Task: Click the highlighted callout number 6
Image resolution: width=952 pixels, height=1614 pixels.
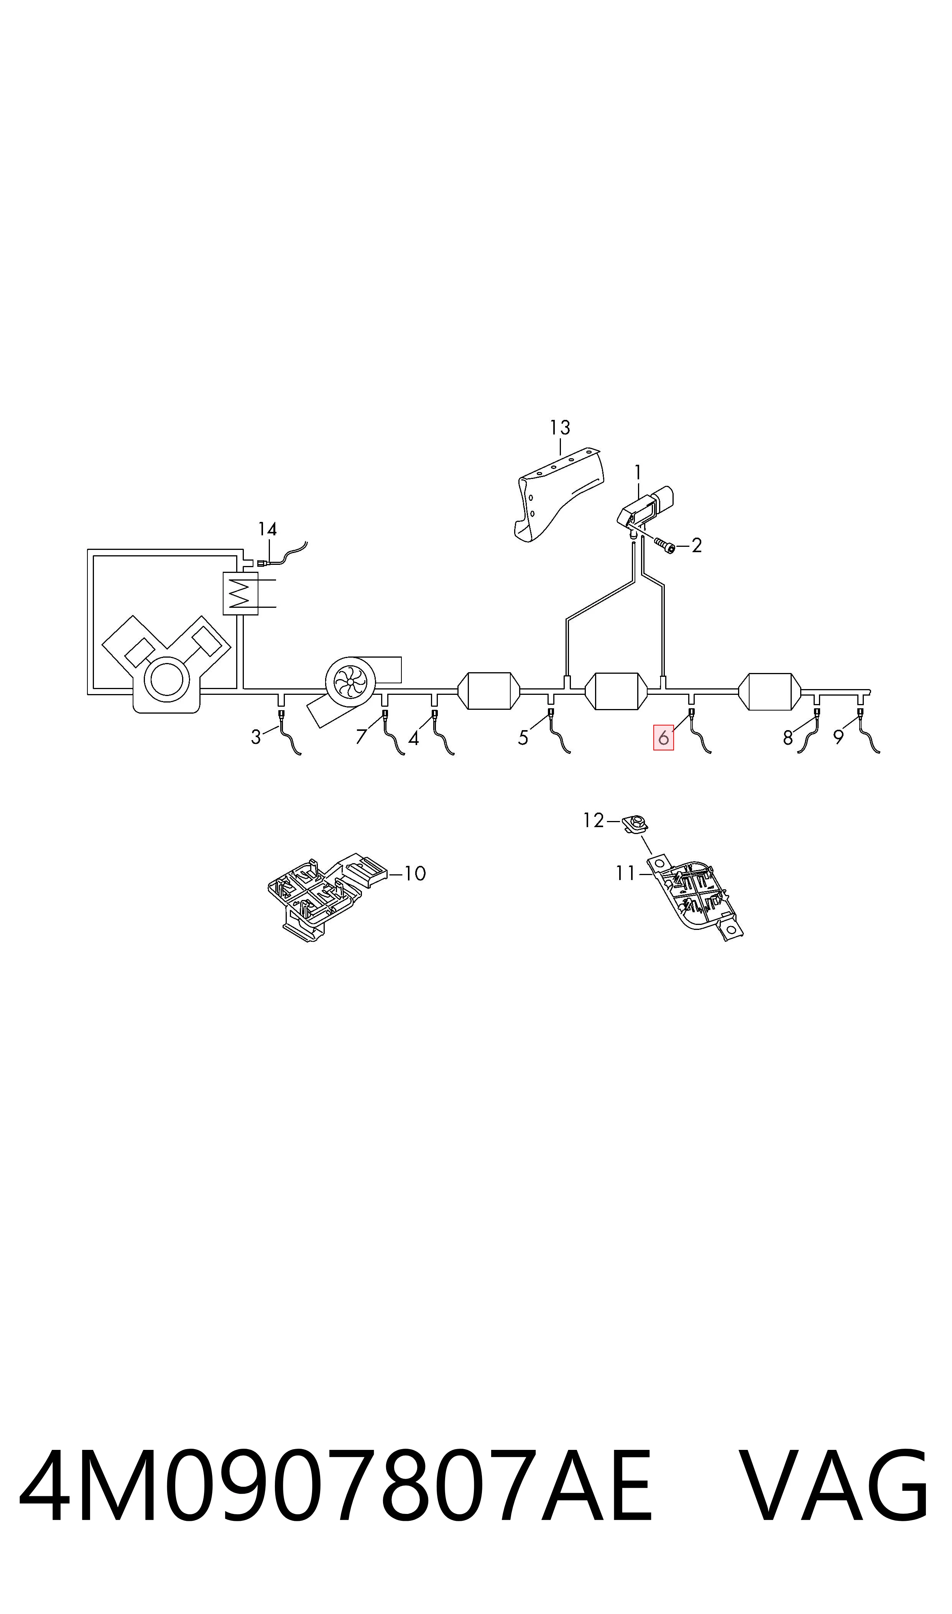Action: click(x=663, y=738)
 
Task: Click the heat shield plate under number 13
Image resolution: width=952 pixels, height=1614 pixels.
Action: click(x=558, y=494)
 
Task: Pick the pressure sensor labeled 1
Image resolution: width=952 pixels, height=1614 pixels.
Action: click(x=646, y=508)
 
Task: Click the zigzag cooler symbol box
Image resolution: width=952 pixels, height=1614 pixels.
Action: click(x=240, y=593)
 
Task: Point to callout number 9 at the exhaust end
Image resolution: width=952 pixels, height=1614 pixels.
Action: click(x=839, y=738)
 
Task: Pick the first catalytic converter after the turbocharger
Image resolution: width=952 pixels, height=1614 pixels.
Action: click(x=489, y=691)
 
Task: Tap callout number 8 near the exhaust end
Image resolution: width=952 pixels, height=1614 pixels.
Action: click(x=788, y=738)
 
